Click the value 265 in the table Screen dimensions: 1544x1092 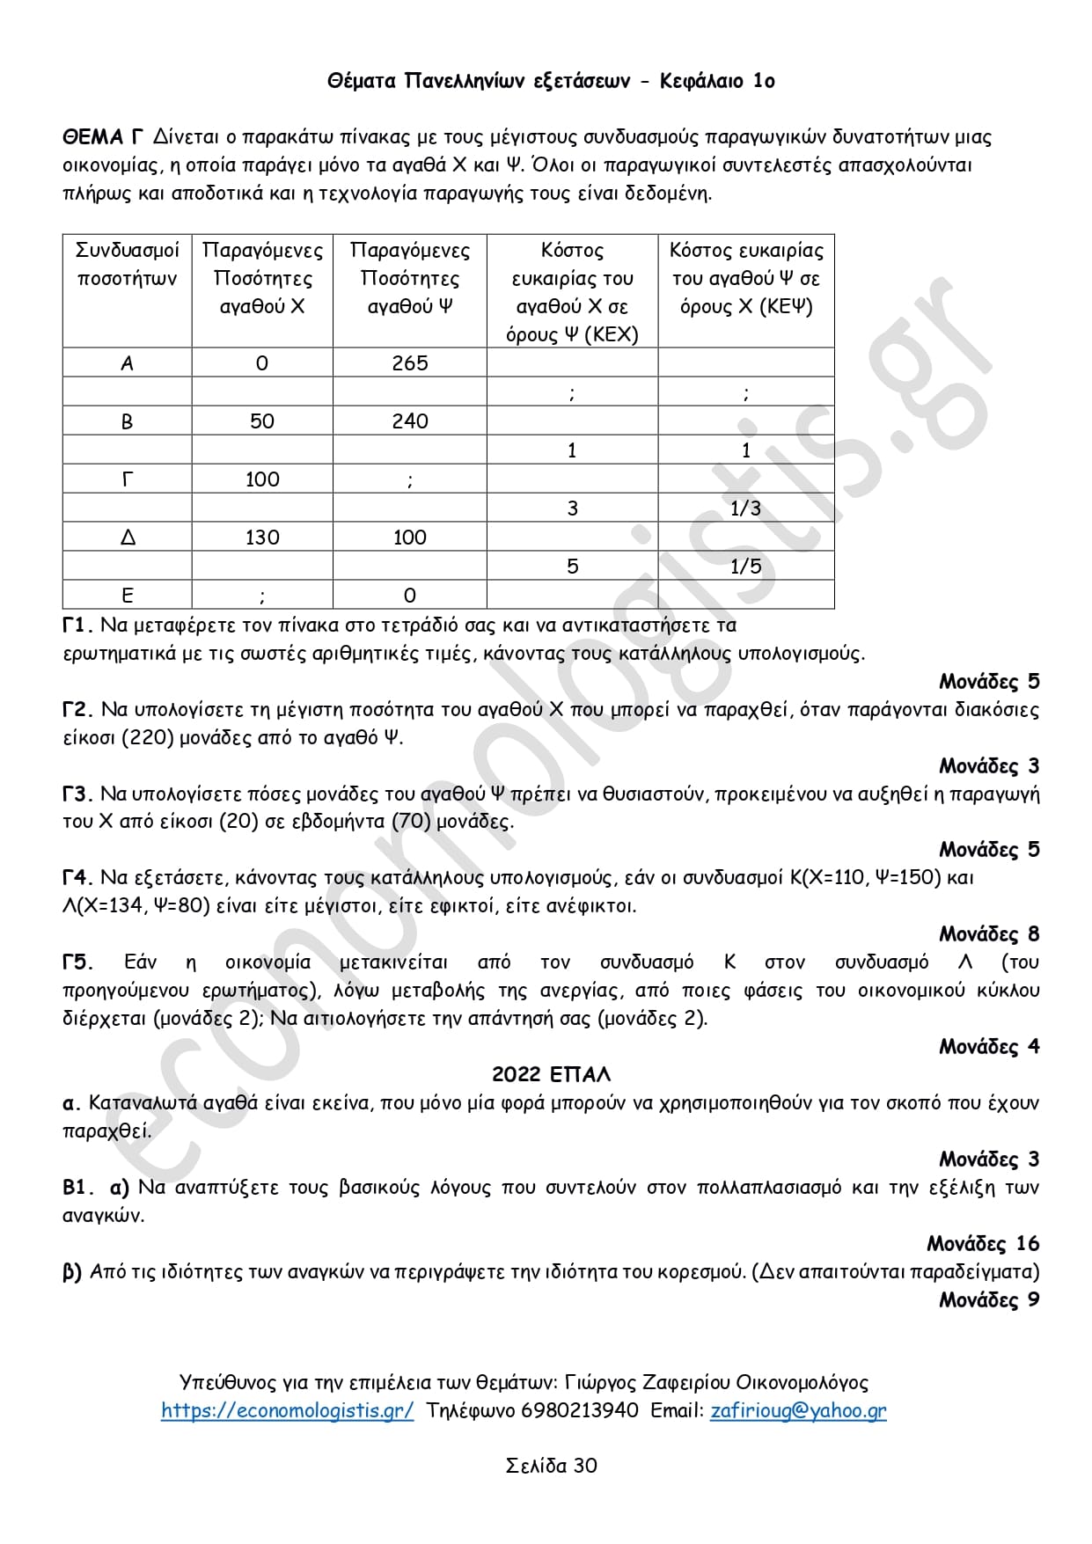(x=409, y=362)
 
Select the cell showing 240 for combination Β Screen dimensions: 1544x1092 (x=409, y=421)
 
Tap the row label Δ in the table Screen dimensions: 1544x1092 (x=128, y=537)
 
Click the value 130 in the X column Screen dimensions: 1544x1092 (x=262, y=537)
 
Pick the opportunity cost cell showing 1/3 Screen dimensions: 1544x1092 (x=745, y=508)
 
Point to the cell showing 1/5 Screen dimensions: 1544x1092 (x=745, y=566)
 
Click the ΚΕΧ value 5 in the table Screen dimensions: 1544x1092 (x=572, y=566)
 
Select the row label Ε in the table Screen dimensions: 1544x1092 (x=128, y=595)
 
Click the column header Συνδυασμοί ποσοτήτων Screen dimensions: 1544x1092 (x=128, y=264)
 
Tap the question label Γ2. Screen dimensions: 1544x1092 (x=77, y=709)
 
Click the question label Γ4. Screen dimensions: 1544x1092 (x=77, y=877)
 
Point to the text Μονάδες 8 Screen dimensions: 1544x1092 (x=989, y=933)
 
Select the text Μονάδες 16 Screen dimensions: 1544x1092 (x=983, y=1243)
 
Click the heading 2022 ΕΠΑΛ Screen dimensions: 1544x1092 (x=551, y=1074)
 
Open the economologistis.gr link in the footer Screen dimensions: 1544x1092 (x=287, y=1410)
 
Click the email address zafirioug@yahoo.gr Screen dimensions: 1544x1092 (x=798, y=1410)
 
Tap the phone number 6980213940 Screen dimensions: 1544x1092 (x=580, y=1410)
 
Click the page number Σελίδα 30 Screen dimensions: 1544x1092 (x=551, y=1465)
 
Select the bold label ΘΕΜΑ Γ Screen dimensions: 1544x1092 (x=102, y=136)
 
